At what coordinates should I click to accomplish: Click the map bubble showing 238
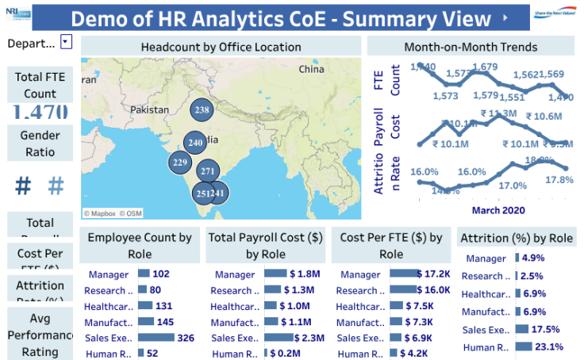coord(202,111)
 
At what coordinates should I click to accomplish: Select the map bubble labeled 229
coord(181,163)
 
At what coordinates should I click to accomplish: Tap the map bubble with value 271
coord(209,171)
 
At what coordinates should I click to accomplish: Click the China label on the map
coord(311,70)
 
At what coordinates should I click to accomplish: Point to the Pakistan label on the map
coord(151,109)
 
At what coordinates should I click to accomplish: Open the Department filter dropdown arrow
coord(66,43)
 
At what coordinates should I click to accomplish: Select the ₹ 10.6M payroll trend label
coord(542,117)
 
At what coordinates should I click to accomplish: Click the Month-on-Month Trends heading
coord(471,48)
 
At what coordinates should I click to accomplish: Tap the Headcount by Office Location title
coord(221,48)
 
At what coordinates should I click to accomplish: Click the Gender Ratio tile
coord(40,143)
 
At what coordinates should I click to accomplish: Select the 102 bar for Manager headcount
coord(144,274)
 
